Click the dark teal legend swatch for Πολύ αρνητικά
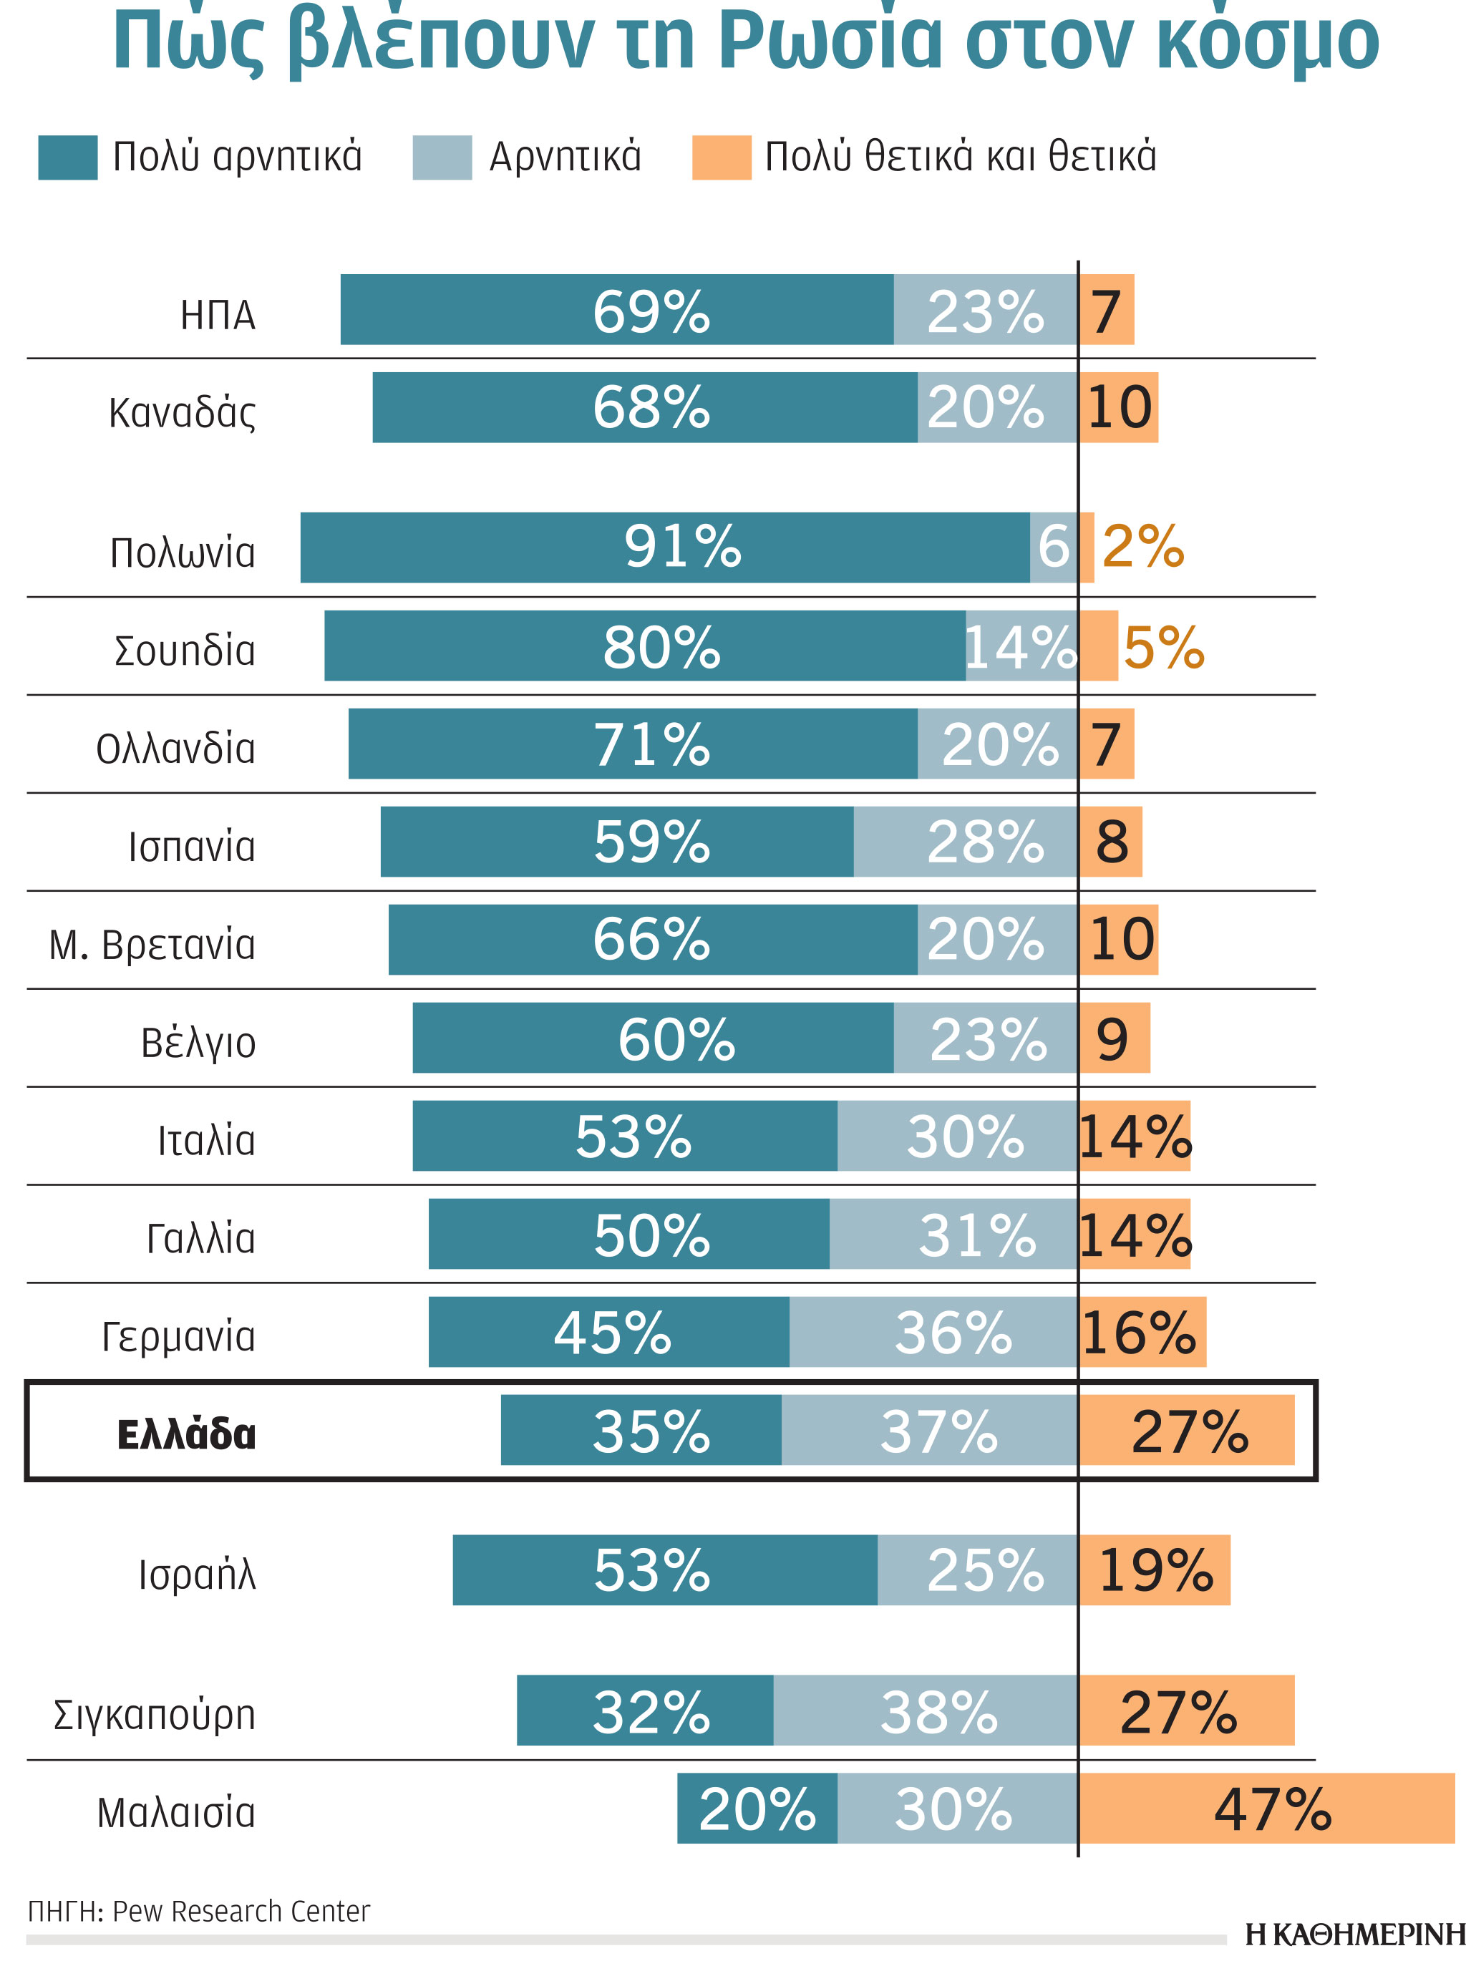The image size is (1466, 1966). pos(67,158)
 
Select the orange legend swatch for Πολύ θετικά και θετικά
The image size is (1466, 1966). pos(721,158)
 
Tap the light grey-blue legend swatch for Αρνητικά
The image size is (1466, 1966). pos(442,158)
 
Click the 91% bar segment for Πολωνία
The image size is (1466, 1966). pos(666,548)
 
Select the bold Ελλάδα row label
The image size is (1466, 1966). pos(186,1434)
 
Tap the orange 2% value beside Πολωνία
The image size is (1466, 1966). pos(1142,547)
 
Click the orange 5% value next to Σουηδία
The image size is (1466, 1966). pos(1163,647)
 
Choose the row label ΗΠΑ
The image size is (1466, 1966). pos(218,316)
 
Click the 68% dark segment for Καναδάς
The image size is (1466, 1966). pos(645,407)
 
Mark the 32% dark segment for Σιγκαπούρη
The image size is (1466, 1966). pos(645,1711)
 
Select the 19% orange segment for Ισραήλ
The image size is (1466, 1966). pos(1155,1570)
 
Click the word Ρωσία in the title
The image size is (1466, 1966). pos(830,40)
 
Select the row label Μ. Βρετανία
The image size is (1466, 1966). pos(152,945)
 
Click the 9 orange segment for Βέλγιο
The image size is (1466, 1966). pos(1114,1038)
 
